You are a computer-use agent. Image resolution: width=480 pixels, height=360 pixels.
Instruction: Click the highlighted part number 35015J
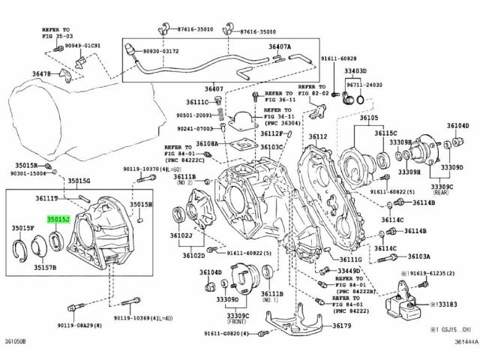point(58,220)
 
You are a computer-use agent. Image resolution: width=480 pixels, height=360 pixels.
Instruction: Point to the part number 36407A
point(280,46)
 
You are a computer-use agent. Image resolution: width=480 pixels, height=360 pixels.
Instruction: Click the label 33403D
point(355,71)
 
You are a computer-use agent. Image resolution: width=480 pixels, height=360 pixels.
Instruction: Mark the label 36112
point(318,137)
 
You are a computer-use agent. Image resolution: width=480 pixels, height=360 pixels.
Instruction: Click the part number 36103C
point(271,148)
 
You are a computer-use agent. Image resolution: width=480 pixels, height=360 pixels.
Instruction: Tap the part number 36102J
point(183,235)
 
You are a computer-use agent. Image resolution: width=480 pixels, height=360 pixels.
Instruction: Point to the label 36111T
point(46,198)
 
